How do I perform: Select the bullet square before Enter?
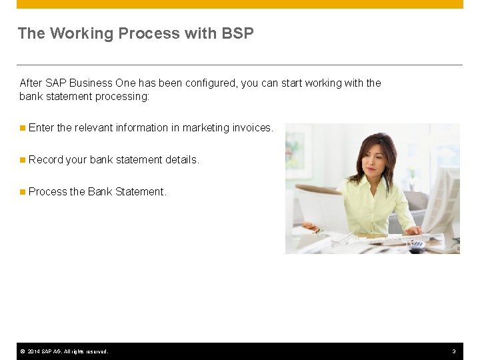point(23,127)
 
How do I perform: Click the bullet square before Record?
point(23,159)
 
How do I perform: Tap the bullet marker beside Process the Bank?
point(23,191)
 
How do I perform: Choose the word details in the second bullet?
point(182,159)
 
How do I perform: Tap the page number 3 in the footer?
point(454,351)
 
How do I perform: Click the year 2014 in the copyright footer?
point(35,351)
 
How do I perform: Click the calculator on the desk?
point(417,245)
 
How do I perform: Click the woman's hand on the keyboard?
point(413,231)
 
